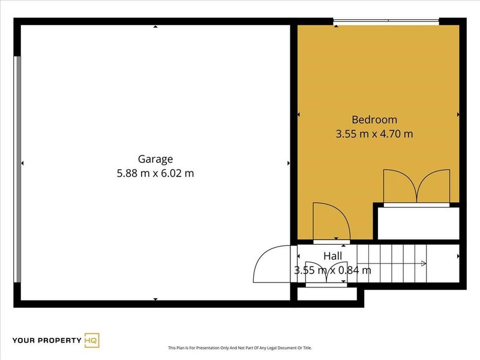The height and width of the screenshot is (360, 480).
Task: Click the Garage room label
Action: [x=155, y=159]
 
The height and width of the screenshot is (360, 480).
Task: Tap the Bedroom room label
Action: [x=374, y=119]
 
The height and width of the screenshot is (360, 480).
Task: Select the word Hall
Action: [x=332, y=256]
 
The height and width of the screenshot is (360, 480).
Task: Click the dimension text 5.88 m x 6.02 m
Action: [x=155, y=173]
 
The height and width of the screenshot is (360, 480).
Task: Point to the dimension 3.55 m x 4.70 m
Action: [x=374, y=134]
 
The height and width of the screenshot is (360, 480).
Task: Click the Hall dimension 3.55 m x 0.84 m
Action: [x=332, y=270]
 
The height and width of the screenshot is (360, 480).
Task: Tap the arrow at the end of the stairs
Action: [x=424, y=263]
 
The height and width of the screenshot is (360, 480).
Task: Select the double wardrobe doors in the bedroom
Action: [x=416, y=186]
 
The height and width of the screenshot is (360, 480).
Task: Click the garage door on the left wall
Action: [x=17, y=169]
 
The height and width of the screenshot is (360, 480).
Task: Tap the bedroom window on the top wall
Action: [x=386, y=21]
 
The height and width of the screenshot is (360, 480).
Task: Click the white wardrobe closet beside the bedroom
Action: [x=418, y=223]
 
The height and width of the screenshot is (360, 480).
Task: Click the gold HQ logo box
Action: [x=92, y=340]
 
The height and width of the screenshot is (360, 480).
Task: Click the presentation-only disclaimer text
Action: [x=240, y=348]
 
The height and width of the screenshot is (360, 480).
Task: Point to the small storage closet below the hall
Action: [x=327, y=293]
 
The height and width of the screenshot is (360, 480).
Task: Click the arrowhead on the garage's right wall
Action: [x=289, y=163]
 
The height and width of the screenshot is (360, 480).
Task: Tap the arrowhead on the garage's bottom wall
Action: [x=155, y=299]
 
